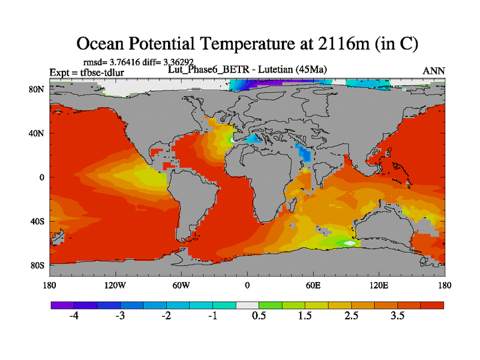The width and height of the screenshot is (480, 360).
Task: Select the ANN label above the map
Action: pos(434,71)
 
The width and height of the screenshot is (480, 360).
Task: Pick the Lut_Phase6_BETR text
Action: pos(198,70)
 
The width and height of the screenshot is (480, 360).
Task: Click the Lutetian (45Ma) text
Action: pos(295,70)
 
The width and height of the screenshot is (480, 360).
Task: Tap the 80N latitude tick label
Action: pos(38,89)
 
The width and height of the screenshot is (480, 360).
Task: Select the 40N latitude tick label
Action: pos(38,133)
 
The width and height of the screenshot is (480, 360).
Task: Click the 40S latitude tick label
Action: pos(38,221)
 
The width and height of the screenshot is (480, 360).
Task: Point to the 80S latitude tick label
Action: pos(38,265)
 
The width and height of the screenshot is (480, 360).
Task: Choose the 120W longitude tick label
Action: pos(115,285)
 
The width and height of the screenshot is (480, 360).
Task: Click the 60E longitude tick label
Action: pos(313,285)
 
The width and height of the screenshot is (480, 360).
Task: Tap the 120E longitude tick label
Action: pos(379,285)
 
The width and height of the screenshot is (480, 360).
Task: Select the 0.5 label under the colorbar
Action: pos(259,316)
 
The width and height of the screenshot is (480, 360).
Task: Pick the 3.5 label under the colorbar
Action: pos(398,316)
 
